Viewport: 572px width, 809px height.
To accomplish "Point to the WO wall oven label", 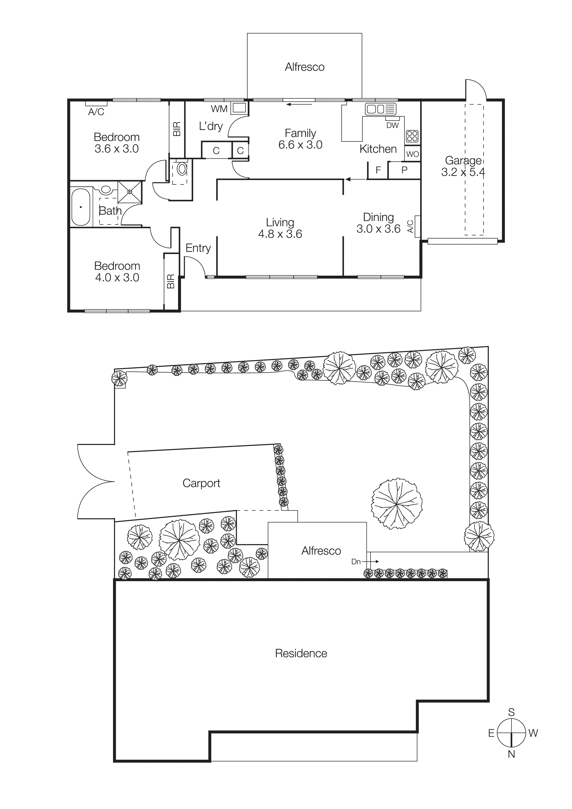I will [x=412, y=154].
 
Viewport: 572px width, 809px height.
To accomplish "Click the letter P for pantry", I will [x=404, y=170].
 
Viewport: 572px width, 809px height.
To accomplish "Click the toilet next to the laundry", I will [x=182, y=169].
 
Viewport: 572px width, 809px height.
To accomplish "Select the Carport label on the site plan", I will [x=201, y=483].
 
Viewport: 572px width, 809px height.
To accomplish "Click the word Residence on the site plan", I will [x=301, y=653].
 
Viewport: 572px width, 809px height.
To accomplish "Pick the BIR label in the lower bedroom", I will [x=171, y=281].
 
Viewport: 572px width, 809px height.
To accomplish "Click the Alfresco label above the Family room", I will [x=304, y=67].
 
